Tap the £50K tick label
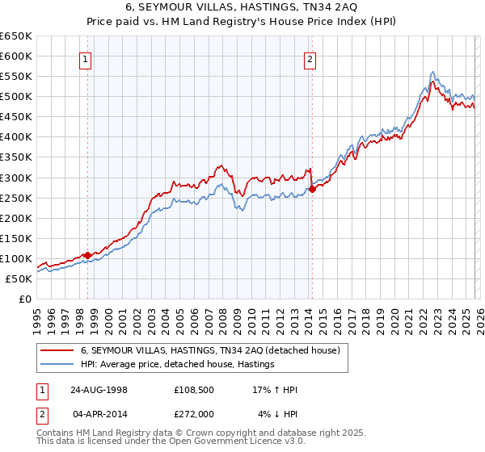click(x=19, y=278)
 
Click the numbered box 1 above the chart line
click(x=86, y=58)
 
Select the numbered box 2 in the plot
click(x=310, y=58)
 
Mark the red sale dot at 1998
click(x=88, y=255)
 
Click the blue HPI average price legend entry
click(x=177, y=365)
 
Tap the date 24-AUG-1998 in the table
click(x=99, y=390)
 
